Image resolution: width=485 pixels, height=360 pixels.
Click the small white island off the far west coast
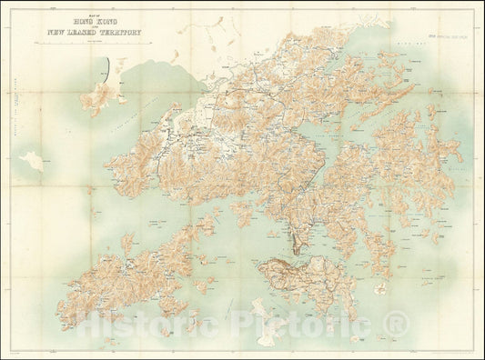pos(34,161)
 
